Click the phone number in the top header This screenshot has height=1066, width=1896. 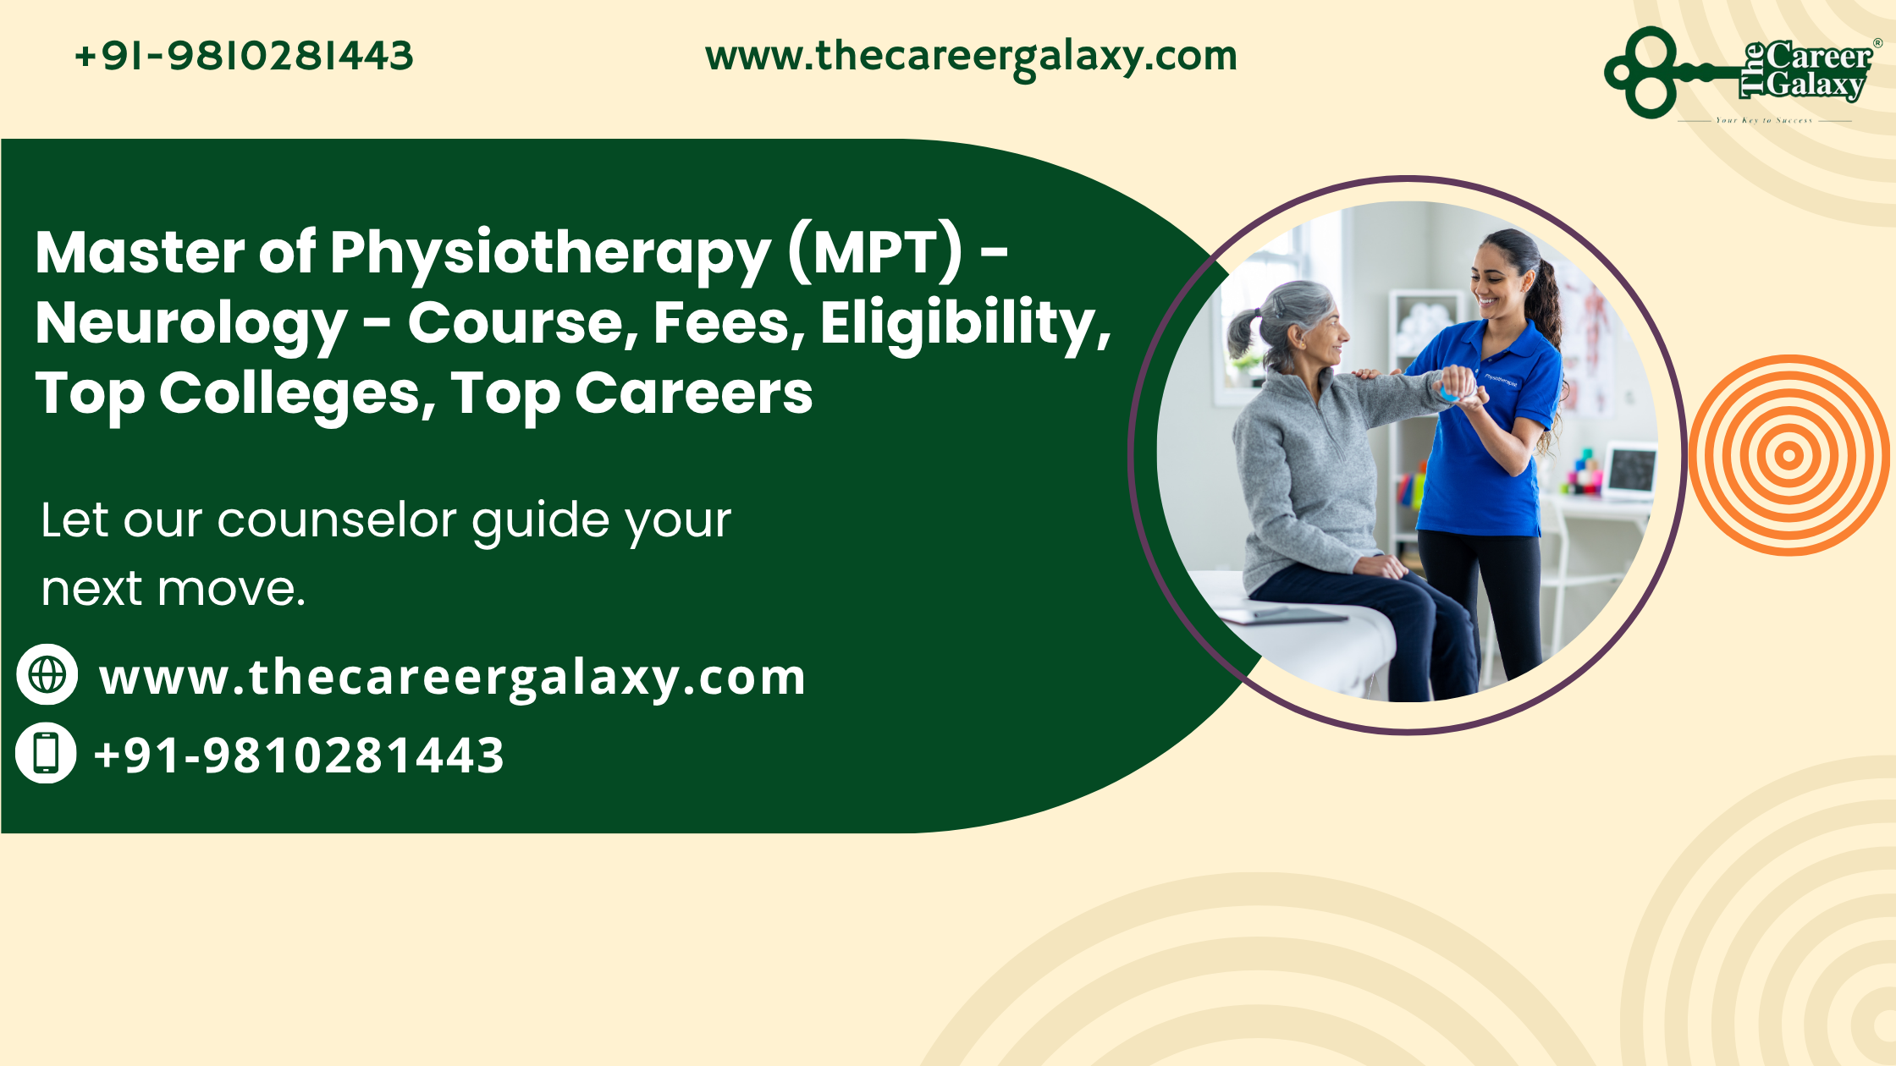(x=244, y=57)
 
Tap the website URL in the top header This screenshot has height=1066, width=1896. (x=971, y=57)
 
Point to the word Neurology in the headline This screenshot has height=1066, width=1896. (x=191, y=325)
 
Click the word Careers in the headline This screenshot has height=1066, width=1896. (x=693, y=394)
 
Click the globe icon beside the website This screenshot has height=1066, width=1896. (x=47, y=674)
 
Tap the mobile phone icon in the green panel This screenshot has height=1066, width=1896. (x=47, y=752)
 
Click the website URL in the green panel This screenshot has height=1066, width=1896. (x=452, y=678)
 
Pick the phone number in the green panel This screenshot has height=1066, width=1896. (x=299, y=755)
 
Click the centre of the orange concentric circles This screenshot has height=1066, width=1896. (x=1789, y=455)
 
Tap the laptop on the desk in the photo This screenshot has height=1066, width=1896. (x=1630, y=470)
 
